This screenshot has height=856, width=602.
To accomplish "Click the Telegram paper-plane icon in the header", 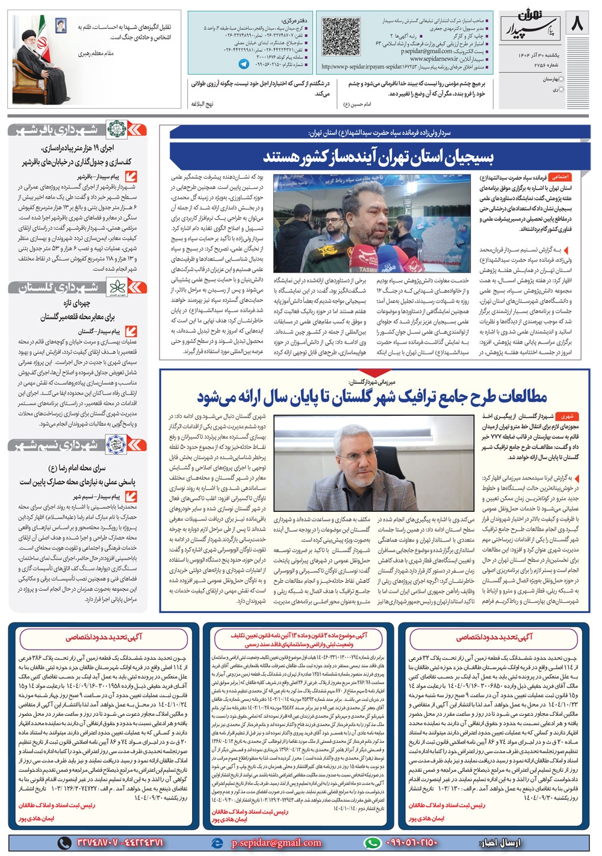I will click(243, 64).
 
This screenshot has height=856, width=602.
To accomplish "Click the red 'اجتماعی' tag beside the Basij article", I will click(560, 177).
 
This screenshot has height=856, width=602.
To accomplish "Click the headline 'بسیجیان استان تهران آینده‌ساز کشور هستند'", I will click(378, 158).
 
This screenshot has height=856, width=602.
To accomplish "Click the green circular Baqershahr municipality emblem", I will click(116, 129).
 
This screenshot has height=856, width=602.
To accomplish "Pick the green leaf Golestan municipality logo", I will click(116, 288).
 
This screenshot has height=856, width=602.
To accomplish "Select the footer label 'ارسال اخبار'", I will click(507, 843).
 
